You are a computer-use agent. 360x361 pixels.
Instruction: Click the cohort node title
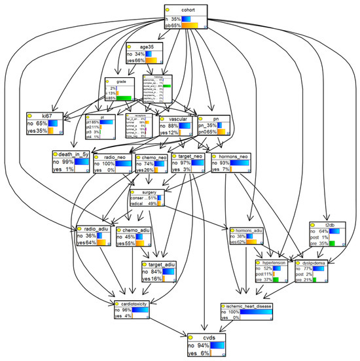click(188, 10)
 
